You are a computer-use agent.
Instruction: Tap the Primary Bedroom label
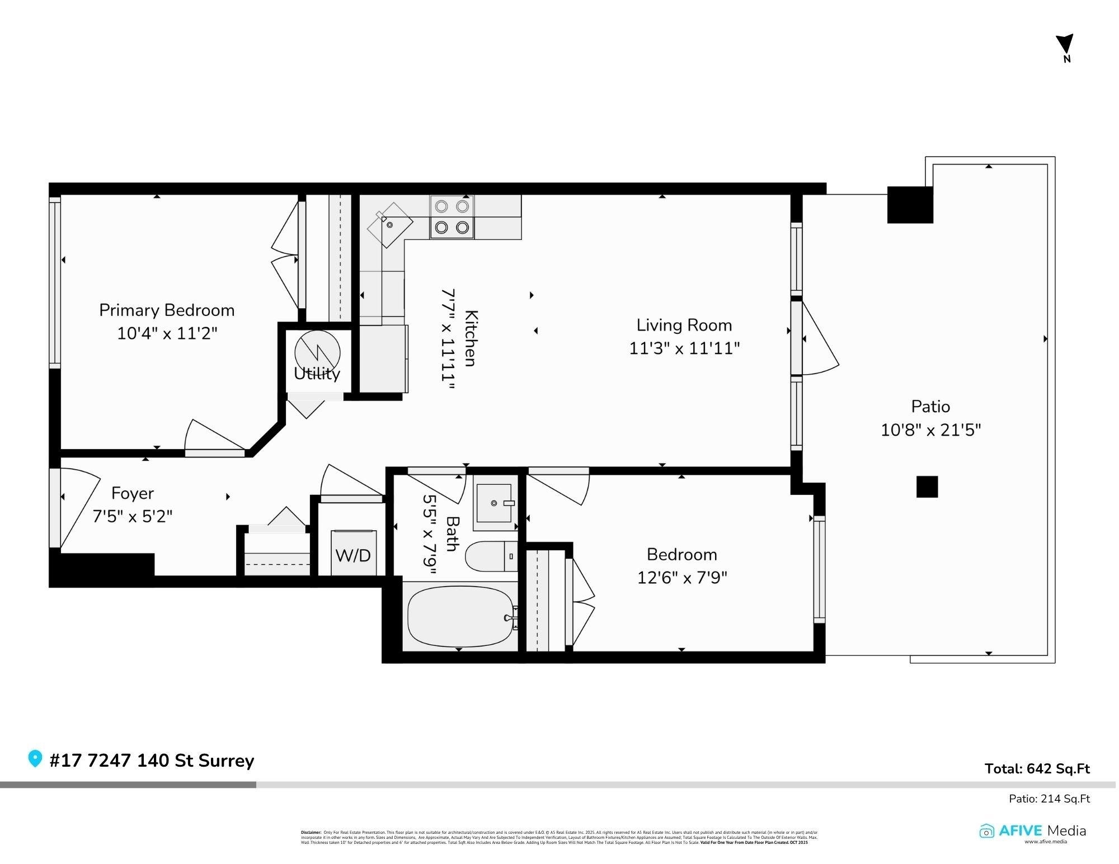[x=167, y=310]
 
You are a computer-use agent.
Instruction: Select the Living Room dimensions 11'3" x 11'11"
[x=684, y=348]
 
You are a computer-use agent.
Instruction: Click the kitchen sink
[x=390, y=225]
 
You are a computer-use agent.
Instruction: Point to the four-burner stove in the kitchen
[x=452, y=217]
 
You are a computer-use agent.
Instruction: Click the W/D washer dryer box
[x=353, y=553]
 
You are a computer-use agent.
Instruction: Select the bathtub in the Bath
[x=460, y=616]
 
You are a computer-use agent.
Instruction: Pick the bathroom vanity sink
[x=494, y=503]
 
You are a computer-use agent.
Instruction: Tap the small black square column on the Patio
[x=927, y=487]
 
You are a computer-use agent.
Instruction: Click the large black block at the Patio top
[x=910, y=205]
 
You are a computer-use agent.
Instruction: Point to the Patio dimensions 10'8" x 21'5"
[x=930, y=430]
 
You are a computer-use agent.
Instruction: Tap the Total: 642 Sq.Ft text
[x=1037, y=768]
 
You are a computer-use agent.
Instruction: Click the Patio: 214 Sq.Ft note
[x=1049, y=799]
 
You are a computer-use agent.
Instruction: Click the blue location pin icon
[x=35, y=759]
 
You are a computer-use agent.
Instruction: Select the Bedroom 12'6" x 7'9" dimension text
[x=681, y=577]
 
